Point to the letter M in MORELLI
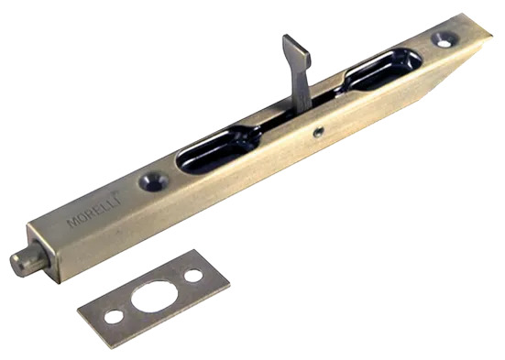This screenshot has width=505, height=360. coord(71,223)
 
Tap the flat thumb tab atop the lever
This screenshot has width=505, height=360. coord(297,49)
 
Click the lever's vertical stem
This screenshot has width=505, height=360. coord(301,87)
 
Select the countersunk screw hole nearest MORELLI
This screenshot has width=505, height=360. coord(154,181)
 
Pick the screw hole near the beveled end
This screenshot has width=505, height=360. coord(445,39)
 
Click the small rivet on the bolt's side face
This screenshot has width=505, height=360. coord(319,131)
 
